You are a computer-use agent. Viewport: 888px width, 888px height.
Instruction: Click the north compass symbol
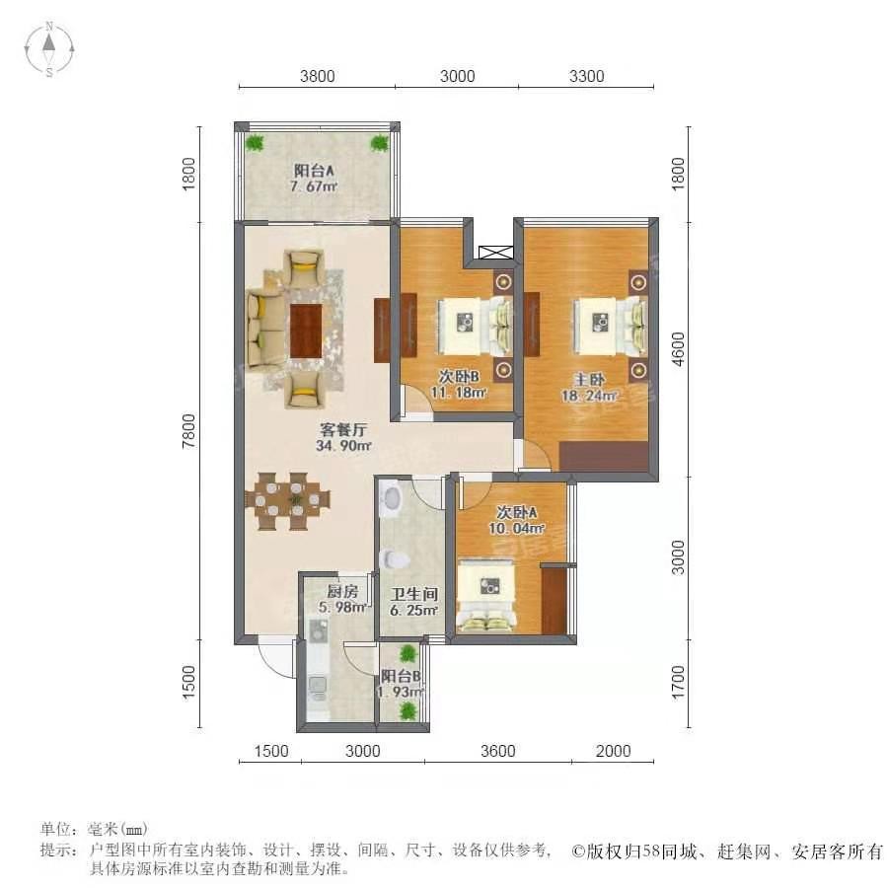tap(49, 49)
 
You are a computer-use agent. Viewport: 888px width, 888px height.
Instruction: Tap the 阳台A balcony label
tap(314, 170)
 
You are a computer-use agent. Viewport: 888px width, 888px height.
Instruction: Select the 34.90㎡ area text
tap(343, 446)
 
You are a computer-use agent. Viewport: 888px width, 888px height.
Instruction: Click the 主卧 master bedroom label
tap(589, 380)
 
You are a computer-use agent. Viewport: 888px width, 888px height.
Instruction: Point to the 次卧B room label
tap(459, 376)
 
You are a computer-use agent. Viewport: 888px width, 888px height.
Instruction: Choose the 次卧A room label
tap(516, 512)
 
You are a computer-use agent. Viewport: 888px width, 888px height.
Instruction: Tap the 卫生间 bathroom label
tap(414, 594)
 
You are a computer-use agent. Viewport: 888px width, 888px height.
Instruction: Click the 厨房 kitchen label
tap(342, 592)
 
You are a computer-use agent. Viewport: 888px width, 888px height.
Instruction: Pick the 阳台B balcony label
tap(401, 676)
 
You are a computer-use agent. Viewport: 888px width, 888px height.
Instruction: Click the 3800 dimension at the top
tap(317, 76)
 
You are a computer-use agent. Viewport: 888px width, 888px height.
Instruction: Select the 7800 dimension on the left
tap(188, 431)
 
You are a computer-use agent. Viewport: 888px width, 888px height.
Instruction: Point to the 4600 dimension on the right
tap(677, 349)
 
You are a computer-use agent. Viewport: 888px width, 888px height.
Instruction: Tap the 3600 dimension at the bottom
tap(498, 751)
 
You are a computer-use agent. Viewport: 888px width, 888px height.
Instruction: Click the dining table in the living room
tap(289, 501)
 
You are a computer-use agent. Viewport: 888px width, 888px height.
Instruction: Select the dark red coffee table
tap(306, 332)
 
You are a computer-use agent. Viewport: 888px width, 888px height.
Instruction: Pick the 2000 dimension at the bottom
tap(614, 751)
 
